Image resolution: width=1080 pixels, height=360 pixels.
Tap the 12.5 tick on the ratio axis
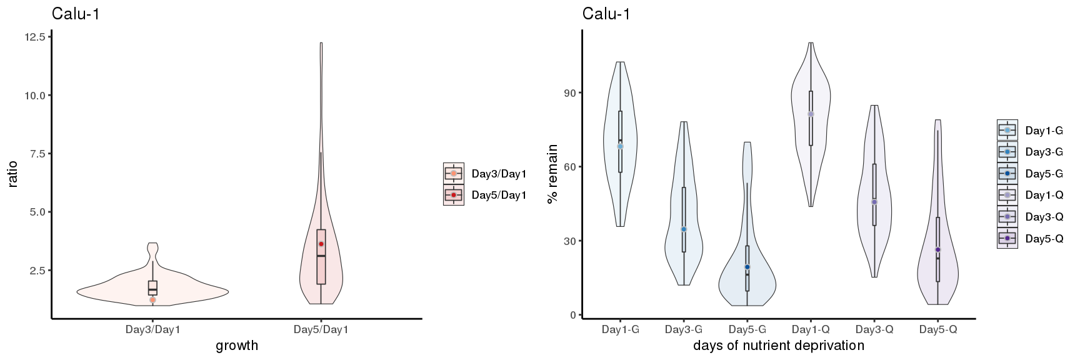point(35,37)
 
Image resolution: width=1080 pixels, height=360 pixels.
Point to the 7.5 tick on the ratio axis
point(38,154)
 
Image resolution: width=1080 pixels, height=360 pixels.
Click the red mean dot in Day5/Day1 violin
point(321,244)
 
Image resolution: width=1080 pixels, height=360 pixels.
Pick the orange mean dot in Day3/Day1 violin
point(152,300)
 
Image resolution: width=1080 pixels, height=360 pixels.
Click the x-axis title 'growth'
point(236,346)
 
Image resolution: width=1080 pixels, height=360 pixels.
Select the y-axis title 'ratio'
point(13,174)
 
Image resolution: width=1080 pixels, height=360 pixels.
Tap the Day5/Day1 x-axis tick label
point(321,329)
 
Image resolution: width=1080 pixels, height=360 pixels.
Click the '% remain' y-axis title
point(552,174)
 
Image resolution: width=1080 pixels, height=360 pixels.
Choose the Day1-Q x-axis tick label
point(811,329)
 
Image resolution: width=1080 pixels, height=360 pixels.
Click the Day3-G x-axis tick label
point(684,329)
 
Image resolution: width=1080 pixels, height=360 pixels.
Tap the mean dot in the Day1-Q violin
point(811,114)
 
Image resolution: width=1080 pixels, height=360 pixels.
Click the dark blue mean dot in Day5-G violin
point(747,267)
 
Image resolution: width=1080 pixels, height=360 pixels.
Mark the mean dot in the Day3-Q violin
point(874,202)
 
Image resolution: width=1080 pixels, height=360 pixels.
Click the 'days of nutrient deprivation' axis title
point(779,346)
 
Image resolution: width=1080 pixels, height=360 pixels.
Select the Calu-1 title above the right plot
point(606,14)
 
